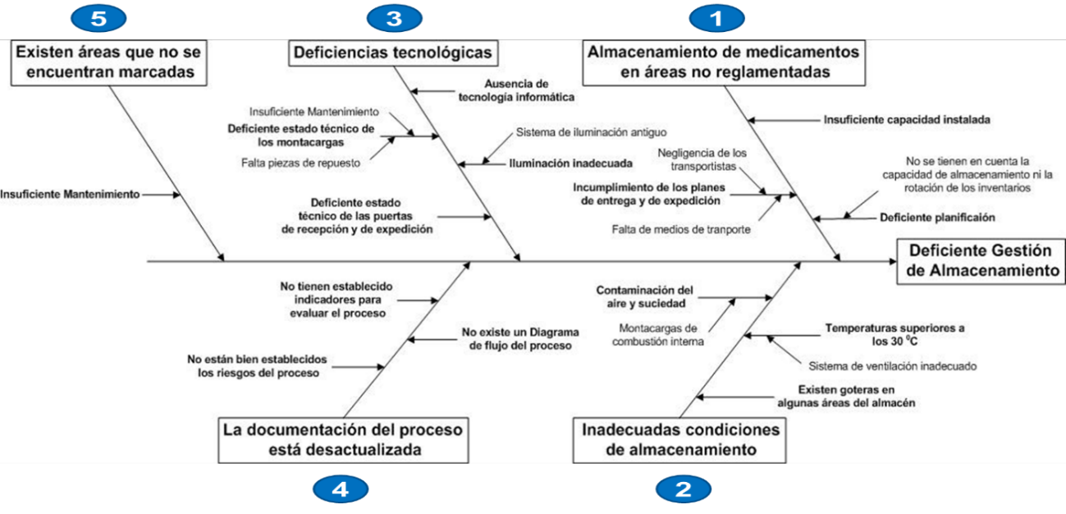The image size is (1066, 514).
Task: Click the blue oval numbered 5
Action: pyautogui.click(x=99, y=18)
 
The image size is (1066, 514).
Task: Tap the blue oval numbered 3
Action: pyautogui.click(x=395, y=18)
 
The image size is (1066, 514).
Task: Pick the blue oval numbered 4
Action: pyautogui.click(x=341, y=490)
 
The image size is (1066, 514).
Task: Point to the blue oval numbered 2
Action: pyautogui.click(x=683, y=490)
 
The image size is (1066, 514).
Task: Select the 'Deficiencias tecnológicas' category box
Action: pyautogui.click(x=392, y=53)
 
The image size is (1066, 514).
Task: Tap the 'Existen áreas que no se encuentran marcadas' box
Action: pyautogui.click(x=109, y=62)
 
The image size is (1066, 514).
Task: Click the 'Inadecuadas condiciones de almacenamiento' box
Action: pyautogui.click(x=680, y=439)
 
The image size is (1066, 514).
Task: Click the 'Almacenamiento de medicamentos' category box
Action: pyautogui.click(x=724, y=62)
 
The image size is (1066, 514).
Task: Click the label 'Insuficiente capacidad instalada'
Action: pyautogui.click(x=907, y=119)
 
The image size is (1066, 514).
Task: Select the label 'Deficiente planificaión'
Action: pyautogui.click(x=937, y=218)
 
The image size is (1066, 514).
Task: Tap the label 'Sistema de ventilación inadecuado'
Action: pyautogui.click(x=892, y=365)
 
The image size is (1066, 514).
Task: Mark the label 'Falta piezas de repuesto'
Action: pyautogui.click(x=301, y=163)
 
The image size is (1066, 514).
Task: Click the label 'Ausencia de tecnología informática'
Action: pyautogui.click(x=516, y=89)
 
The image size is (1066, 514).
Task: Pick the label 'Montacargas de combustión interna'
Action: pyautogui.click(x=658, y=334)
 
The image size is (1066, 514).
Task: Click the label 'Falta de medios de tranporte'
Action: pyautogui.click(x=680, y=230)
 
